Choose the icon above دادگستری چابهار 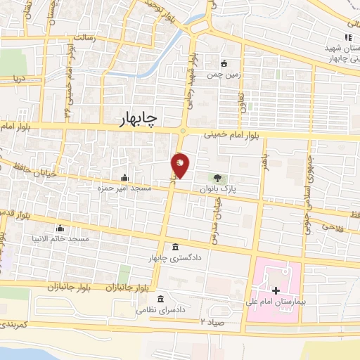174,247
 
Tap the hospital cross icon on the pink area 276,290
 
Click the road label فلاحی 330,226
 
